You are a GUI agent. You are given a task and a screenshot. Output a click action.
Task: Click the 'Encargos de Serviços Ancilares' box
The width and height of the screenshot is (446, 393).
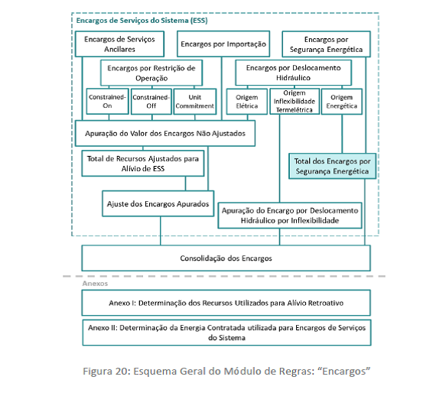(x=119, y=44)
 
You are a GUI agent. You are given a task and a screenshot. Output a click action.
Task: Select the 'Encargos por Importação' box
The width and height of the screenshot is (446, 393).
(x=223, y=44)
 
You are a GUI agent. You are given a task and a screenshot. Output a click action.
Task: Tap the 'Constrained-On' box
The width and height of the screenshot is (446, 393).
(x=107, y=102)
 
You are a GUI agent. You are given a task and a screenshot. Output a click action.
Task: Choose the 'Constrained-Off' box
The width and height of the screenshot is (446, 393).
(x=151, y=102)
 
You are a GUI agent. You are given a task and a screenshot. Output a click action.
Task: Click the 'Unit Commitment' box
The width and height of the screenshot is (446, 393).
(x=195, y=102)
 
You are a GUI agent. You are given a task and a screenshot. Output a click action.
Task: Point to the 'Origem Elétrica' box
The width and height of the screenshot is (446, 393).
(x=247, y=102)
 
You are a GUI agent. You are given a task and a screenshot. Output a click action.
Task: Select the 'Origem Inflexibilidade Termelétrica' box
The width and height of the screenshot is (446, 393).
(x=295, y=101)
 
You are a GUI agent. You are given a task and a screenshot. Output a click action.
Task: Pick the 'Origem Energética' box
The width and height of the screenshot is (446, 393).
(x=342, y=102)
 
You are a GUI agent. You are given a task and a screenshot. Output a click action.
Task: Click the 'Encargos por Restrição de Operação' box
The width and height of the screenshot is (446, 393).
(x=151, y=73)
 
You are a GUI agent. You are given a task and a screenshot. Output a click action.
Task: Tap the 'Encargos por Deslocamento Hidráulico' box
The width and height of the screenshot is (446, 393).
(x=293, y=73)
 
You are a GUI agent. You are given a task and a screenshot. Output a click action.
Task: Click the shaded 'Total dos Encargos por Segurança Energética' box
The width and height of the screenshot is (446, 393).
(x=332, y=166)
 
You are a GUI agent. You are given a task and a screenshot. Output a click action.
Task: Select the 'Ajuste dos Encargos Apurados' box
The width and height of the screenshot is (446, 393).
(x=158, y=203)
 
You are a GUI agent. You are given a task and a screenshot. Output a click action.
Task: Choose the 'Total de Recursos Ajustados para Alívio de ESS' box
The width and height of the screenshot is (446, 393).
(x=143, y=164)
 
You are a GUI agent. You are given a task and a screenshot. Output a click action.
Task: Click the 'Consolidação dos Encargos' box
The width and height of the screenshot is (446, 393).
(x=226, y=258)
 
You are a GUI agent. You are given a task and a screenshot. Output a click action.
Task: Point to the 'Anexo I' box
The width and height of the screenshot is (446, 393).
(x=226, y=303)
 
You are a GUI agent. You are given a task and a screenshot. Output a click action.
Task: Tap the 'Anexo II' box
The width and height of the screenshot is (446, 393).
(x=226, y=333)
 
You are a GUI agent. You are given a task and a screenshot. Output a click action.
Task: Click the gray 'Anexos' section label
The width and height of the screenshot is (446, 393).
(x=95, y=284)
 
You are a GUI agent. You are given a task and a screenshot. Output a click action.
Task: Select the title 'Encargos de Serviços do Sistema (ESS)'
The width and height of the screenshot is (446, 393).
(x=142, y=21)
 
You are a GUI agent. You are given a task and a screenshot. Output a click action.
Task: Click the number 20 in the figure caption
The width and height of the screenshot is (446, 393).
(x=122, y=371)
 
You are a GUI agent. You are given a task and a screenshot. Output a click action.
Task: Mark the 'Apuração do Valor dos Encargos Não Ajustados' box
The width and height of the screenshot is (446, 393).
(x=165, y=133)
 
